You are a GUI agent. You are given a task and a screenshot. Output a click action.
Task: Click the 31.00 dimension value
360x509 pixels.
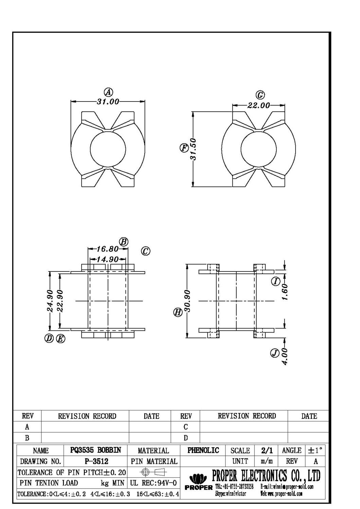(x=108, y=101)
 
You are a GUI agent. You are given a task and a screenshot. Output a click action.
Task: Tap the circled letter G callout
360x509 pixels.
(x=260, y=95)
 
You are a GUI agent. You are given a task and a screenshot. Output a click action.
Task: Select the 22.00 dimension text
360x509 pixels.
(x=258, y=106)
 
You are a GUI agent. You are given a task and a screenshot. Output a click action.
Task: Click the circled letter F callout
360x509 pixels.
(x=184, y=148)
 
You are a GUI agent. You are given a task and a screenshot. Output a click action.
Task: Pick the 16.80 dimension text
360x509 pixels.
(x=107, y=249)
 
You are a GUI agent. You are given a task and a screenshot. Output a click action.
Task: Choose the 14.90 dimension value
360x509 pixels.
(x=107, y=259)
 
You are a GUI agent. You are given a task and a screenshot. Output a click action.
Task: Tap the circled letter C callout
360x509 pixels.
(x=146, y=251)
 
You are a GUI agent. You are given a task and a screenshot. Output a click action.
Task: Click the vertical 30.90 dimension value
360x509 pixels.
(x=187, y=301)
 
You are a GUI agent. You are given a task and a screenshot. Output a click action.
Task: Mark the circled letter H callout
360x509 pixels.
(x=178, y=313)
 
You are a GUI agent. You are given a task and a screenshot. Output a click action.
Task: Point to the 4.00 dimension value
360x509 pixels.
(x=285, y=356)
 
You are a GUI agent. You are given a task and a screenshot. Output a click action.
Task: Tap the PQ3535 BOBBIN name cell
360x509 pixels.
(x=95, y=450)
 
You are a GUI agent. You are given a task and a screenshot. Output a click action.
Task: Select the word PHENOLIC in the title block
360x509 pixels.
(x=203, y=450)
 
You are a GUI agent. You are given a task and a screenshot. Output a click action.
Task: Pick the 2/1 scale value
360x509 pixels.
(x=267, y=450)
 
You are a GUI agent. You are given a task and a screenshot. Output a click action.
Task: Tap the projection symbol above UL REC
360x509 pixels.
(x=153, y=472)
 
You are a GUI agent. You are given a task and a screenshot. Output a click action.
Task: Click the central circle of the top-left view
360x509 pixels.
(x=108, y=149)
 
